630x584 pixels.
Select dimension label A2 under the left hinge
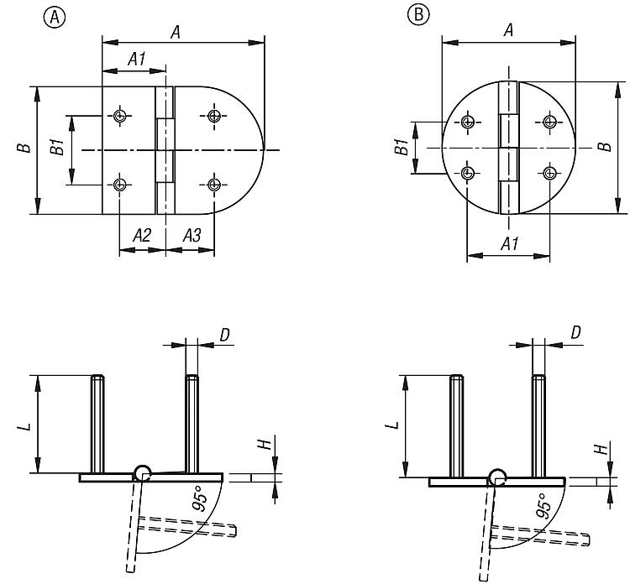point(142,237)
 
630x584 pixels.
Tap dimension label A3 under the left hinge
point(191,237)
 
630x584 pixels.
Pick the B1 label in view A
point(57,149)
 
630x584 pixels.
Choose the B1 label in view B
point(402,148)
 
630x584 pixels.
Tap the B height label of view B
point(603,147)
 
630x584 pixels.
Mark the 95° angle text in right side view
point(543,505)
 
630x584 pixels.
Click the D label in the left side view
point(224,335)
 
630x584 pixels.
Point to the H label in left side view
point(267,445)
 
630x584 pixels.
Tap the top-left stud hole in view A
point(121,115)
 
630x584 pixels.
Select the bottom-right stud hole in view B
point(549,173)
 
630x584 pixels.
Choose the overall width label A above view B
point(508,31)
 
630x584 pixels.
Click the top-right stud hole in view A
point(216,115)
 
